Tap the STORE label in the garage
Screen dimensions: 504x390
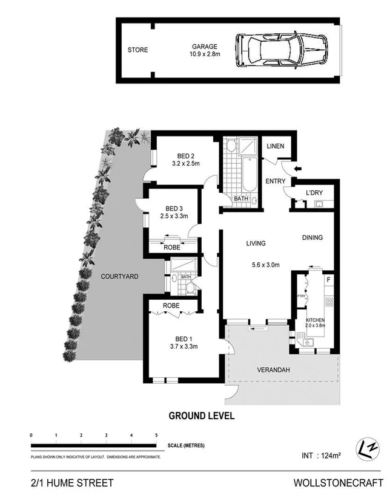(137, 50)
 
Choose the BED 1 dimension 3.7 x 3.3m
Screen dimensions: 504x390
(183, 346)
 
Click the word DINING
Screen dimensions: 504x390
(312, 238)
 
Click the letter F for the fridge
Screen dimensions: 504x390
(328, 280)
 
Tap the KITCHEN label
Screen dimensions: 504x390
(315, 319)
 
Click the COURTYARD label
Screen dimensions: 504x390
(119, 276)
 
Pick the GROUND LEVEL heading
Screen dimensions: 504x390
(201, 416)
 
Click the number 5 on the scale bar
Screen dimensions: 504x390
(156, 436)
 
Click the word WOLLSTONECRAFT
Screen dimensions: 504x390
(338, 483)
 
